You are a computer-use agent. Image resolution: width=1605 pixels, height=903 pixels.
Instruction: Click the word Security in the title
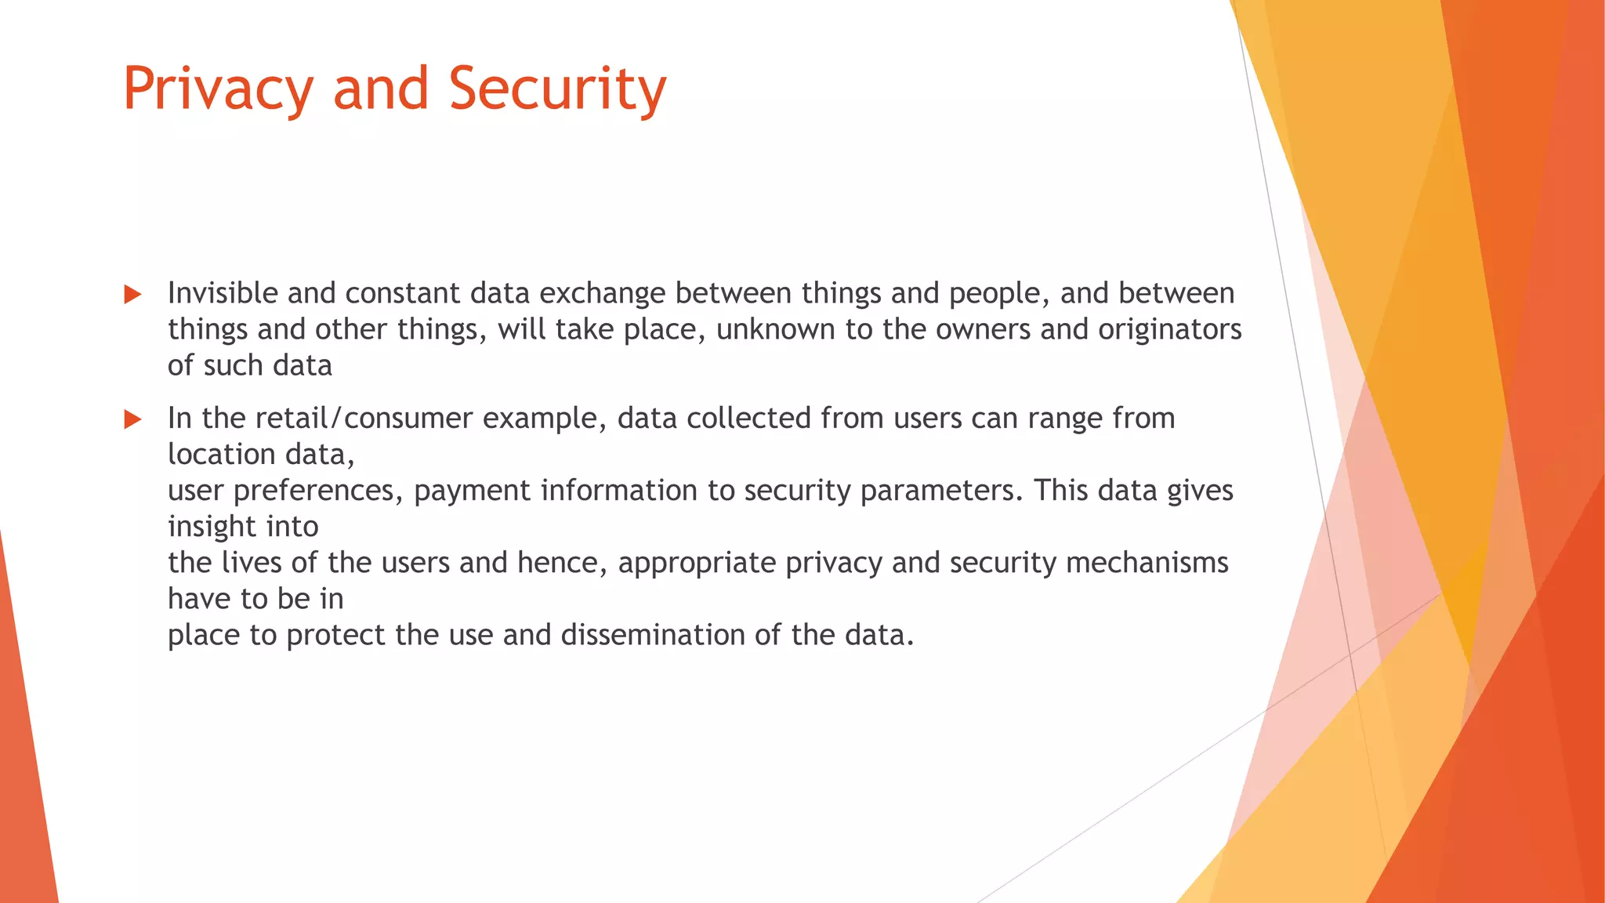point(557,89)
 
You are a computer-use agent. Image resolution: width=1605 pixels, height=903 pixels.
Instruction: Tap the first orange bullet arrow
point(132,295)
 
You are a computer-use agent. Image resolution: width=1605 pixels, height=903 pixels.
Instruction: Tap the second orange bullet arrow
point(132,419)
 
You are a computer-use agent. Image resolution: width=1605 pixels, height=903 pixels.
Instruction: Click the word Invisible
point(223,293)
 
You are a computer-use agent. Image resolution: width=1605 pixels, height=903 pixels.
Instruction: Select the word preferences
point(317,491)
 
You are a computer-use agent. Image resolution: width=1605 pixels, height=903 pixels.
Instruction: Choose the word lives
point(251,563)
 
